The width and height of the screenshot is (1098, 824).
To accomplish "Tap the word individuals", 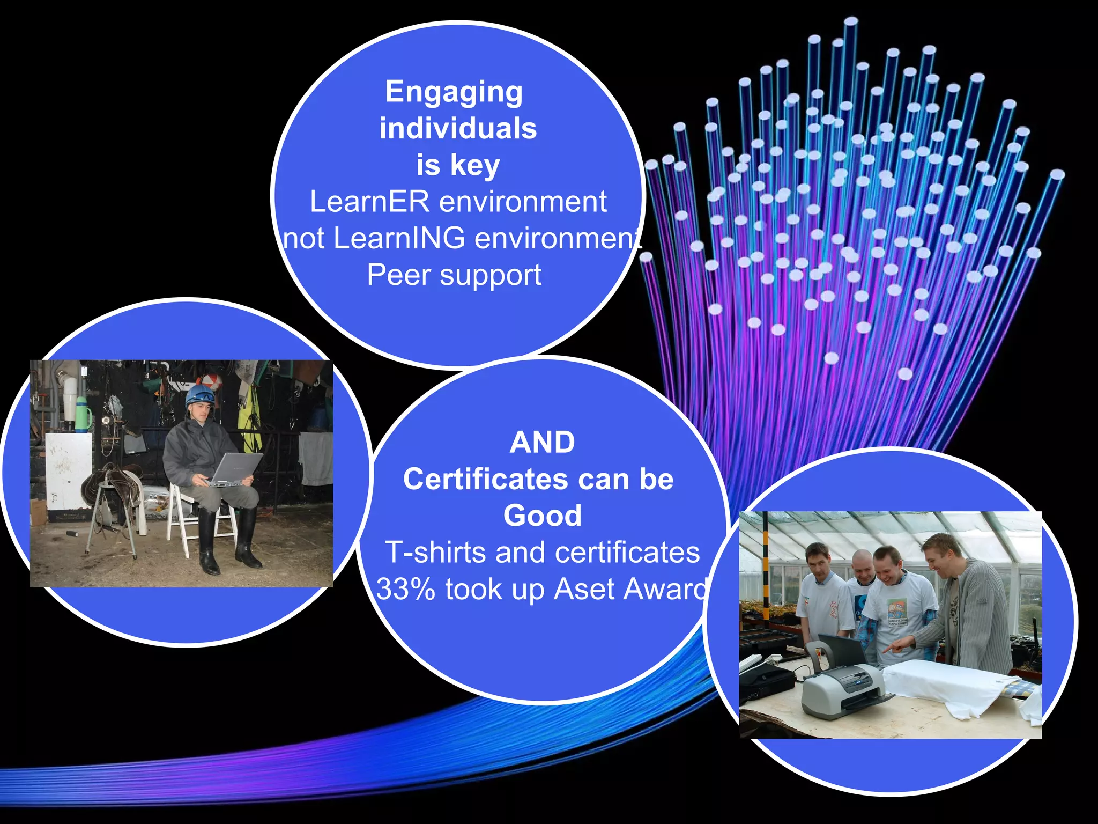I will click(x=458, y=129).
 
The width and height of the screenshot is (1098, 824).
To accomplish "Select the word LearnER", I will click(x=369, y=202).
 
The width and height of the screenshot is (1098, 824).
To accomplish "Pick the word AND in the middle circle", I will click(x=542, y=443).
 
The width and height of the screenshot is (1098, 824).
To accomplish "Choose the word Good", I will click(x=542, y=516).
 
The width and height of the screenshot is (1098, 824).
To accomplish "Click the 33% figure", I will click(x=405, y=589).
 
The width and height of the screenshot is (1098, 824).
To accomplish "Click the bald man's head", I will click(x=862, y=563).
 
